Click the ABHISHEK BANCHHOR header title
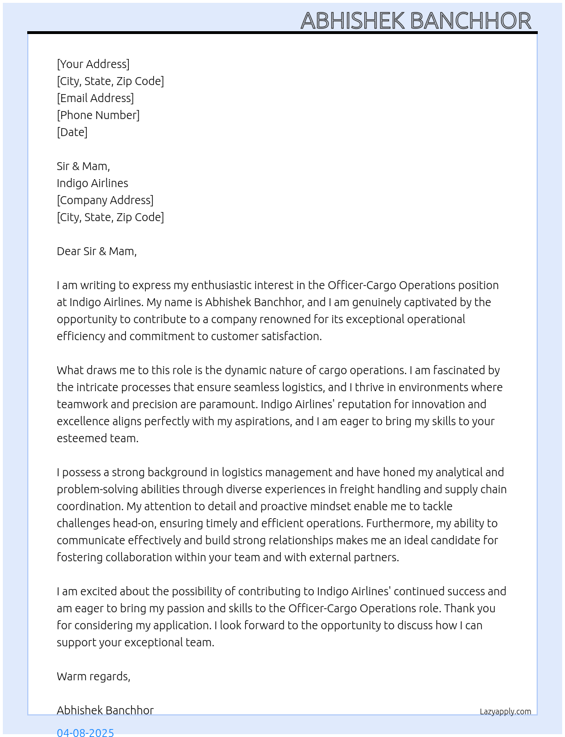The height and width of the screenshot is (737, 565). pos(416,21)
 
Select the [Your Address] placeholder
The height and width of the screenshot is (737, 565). pos(93,64)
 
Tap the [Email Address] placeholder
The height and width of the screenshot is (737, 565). pos(95,98)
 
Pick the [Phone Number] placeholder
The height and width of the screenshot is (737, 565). pos(98,115)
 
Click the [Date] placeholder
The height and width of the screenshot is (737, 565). pos(72,132)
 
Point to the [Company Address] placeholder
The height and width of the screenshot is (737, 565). pos(105,200)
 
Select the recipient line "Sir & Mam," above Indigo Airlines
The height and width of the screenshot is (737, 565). pos(83,166)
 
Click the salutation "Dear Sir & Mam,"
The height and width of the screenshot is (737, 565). pos(96,251)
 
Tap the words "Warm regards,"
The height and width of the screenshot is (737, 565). pos(94,676)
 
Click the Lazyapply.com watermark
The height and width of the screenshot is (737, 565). pos(505,711)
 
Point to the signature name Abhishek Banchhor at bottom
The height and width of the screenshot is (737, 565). pos(105,710)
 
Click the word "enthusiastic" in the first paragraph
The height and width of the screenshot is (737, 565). pos(221,285)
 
